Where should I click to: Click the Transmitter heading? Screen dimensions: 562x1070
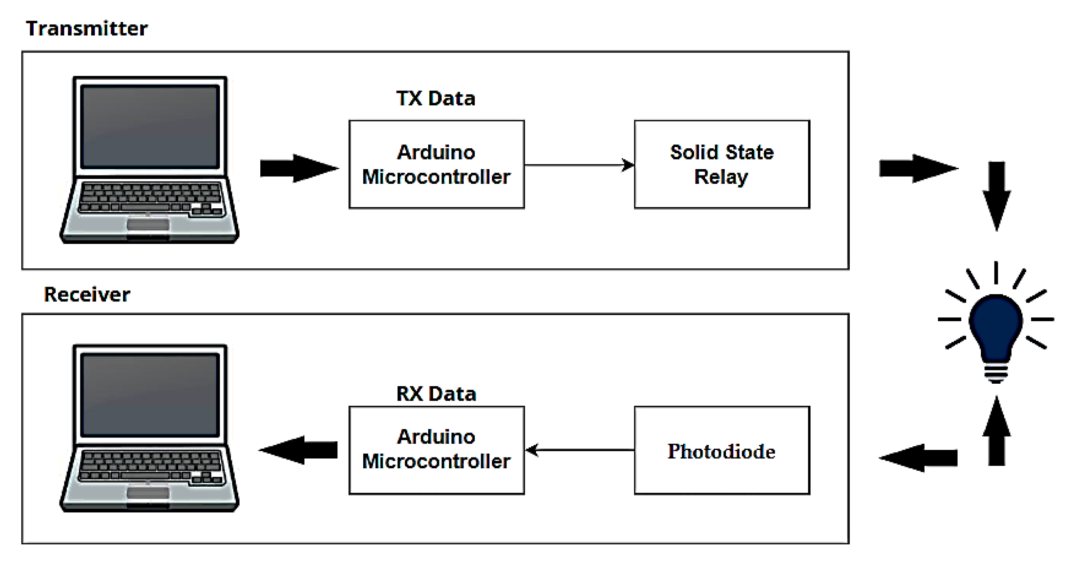pyautogui.click(x=87, y=29)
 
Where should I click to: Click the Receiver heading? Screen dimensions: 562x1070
pyautogui.click(x=87, y=295)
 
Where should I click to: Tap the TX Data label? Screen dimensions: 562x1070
pyautogui.click(x=436, y=99)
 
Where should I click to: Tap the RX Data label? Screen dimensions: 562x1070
pyautogui.click(x=436, y=394)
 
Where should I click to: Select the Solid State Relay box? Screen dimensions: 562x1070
pyautogui.click(x=722, y=165)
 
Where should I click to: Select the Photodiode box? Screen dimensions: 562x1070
pyautogui.click(x=722, y=450)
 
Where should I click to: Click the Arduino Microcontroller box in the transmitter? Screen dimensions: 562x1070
pyautogui.click(x=436, y=165)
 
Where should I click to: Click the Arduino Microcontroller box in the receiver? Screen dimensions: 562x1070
pyautogui.click(x=436, y=450)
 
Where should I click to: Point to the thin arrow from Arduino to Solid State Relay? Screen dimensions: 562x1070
pyautogui.click(x=579, y=165)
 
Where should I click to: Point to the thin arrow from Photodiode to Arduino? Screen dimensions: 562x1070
pyautogui.click(x=579, y=450)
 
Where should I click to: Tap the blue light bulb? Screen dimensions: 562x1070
pyautogui.click(x=996, y=325)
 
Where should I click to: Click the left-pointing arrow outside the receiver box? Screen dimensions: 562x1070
pyautogui.click(x=918, y=458)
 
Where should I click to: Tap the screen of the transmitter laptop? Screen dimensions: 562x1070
pyautogui.click(x=150, y=126)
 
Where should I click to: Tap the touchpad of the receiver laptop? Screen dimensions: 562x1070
pyautogui.click(x=148, y=493)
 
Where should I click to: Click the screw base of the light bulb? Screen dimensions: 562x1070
pyautogui.click(x=996, y=373)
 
